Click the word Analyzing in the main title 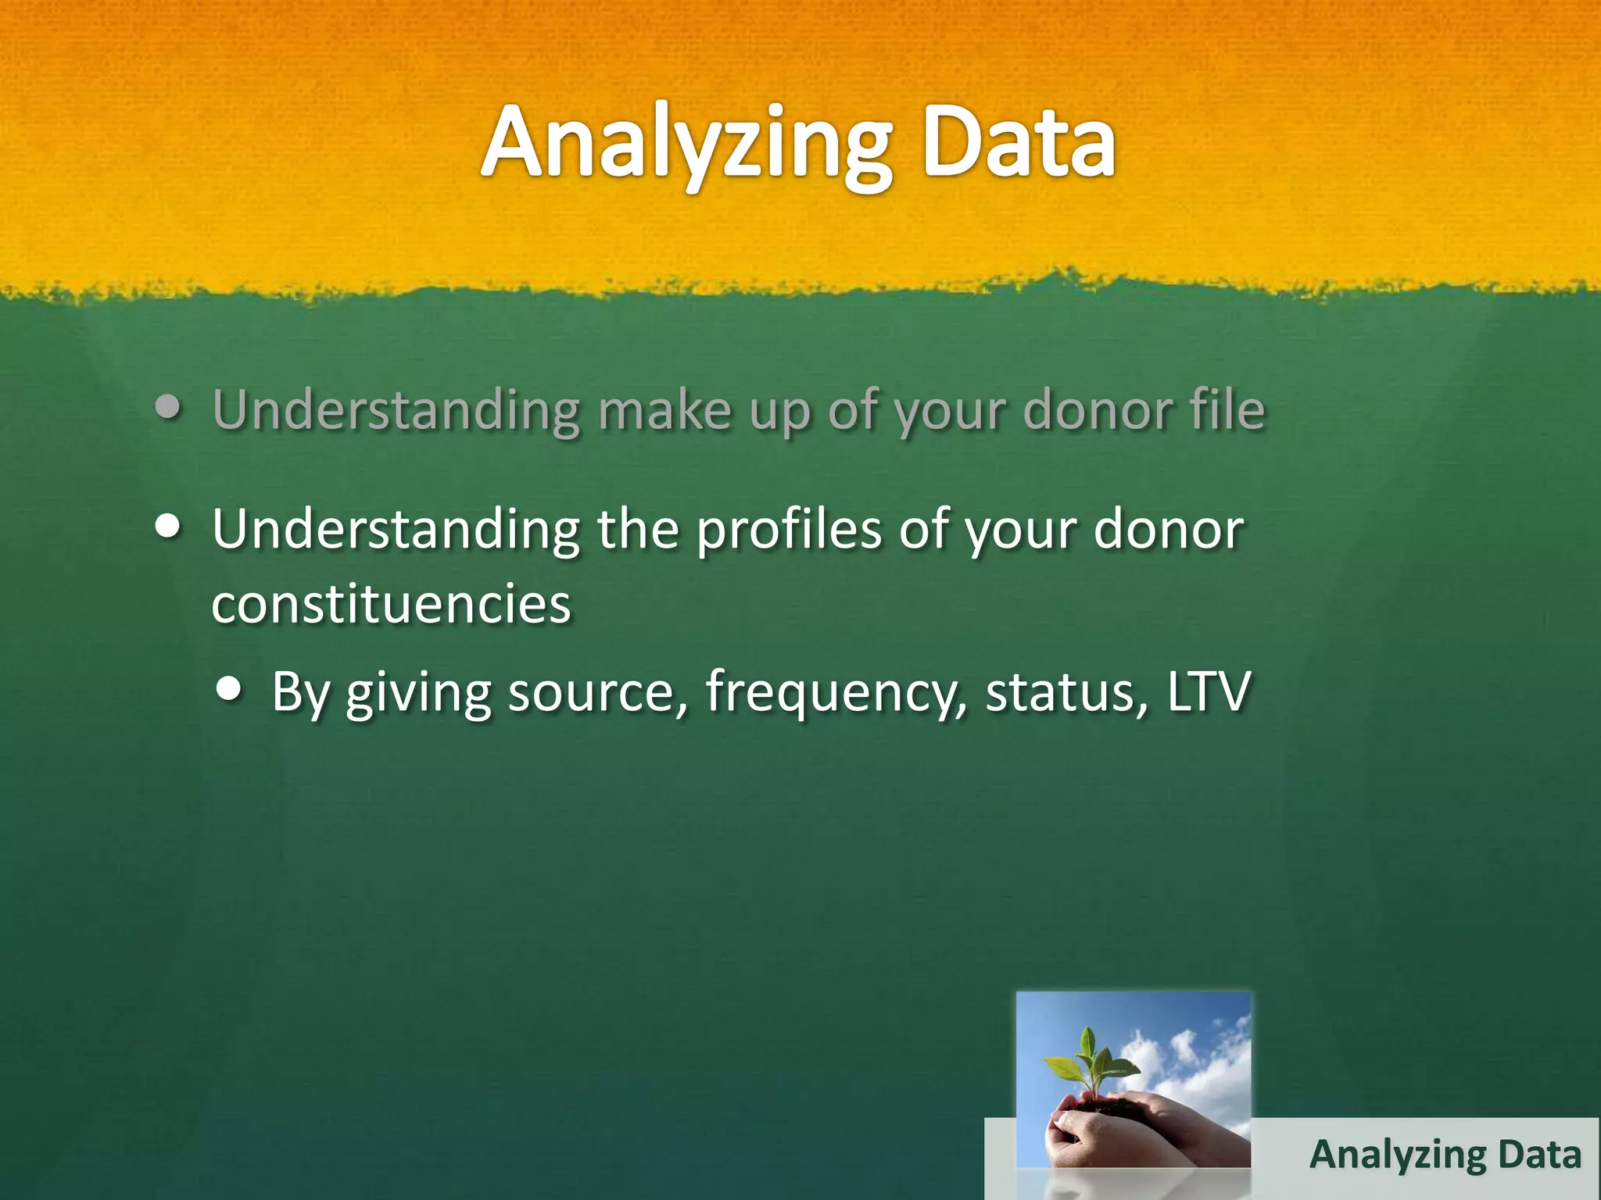pos(685,145)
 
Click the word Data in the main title pos(1019,145)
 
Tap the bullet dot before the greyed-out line pos(168,407)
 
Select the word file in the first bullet pos(1227,409)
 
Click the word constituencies pos(392,605)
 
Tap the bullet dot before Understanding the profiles pos(168,526)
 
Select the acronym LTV pos(1209,692)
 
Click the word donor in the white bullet pos(1168,530)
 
